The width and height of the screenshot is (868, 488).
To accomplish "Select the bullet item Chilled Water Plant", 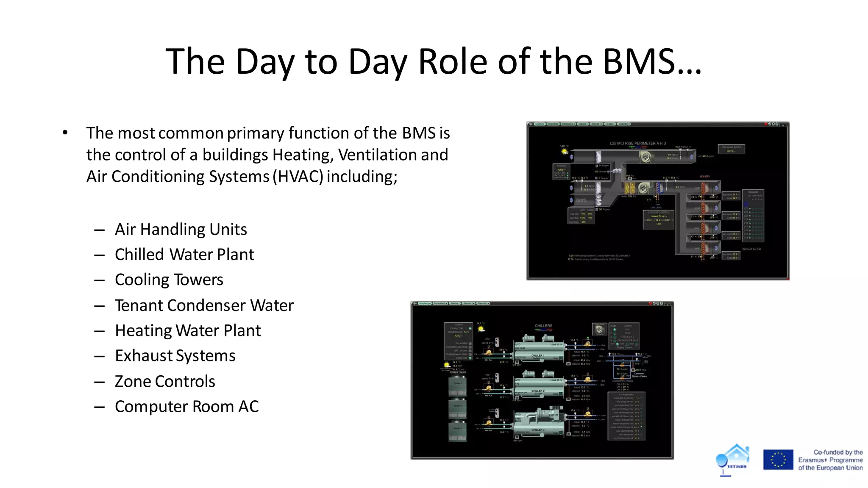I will point(184,255).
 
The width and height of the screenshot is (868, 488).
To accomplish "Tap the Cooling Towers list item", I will point(169,280).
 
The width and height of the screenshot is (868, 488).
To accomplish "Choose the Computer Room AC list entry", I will point(186,407).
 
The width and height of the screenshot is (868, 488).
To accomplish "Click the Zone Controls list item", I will point(165,381).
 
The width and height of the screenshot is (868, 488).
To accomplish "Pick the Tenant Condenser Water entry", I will point(204,305).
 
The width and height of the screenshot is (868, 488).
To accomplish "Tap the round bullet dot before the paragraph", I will point(65,133).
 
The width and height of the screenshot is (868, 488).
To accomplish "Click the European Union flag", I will point(778,460).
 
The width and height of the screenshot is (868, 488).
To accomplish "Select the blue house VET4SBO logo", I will point(733,459).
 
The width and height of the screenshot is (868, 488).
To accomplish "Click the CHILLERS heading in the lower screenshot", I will point(543,326).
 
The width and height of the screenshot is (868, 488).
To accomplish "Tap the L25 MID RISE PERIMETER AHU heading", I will point(637,143).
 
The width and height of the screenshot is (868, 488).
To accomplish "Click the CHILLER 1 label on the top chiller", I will point(537,355).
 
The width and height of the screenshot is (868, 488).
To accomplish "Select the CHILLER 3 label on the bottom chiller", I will point(537,430).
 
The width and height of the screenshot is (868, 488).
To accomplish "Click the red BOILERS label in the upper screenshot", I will point(705,177).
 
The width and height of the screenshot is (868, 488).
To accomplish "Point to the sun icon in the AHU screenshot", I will point(564,151).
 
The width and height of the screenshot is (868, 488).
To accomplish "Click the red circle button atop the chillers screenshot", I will point(650,303).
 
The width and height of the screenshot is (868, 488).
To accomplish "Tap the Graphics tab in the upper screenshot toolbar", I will point(539,124).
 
